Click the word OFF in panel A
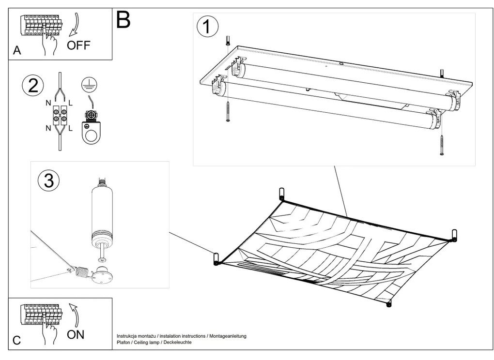pos(78,45)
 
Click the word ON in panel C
pos(76,334)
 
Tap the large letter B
pos(123,20)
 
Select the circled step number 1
pos(207,27)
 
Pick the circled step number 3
pos(48,180)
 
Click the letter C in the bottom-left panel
pos(16,340)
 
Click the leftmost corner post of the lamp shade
pos(216,259)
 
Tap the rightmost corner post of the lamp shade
pos(454,235)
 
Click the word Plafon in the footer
pos(124,343)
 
